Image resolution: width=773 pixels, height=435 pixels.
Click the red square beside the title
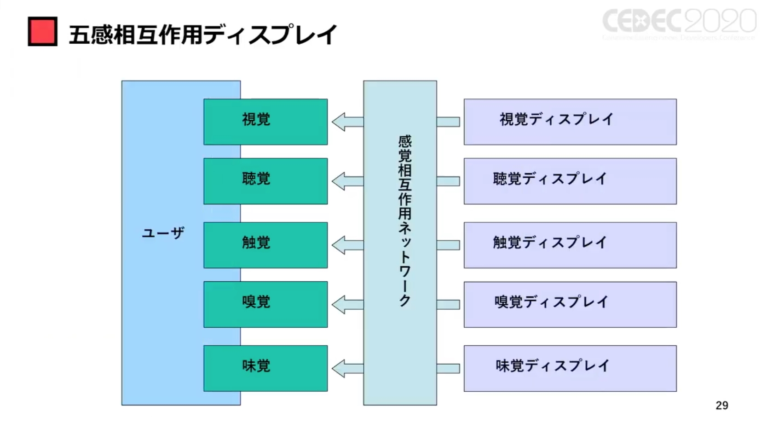pyautogui.click(x=42, y=31)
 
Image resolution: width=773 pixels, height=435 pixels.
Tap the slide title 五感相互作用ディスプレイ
pyautogui.click(x=202, y=35)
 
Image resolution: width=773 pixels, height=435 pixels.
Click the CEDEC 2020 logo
pyautogui.click(x=679, y=23)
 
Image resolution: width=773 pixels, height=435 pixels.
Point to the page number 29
pyautogui.click(x=722, y=406)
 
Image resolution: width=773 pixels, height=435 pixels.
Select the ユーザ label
pyautogui.click(x=163, y=233)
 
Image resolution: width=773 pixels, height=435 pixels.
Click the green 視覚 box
pyautogui.click(x=265, y=122)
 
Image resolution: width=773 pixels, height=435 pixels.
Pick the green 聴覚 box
pyautogui.click(x=265, y=181)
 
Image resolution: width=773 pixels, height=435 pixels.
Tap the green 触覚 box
pyautogui.click(x=265, y=245)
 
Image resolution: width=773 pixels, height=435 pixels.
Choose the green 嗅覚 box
pyautogui.click(x=265, y=304)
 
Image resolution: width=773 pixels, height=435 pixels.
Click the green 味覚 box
pyautogui.click(x=265, y=368)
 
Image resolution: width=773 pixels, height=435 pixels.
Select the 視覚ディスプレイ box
pyautogui.click(x=570, y=122)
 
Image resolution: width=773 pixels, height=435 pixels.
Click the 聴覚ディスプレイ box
pyautogui.click(x=570, y=181)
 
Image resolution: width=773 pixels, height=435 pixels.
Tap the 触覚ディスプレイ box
pyautogui.click(x=570, y=245)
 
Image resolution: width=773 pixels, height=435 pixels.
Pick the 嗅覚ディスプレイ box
pyautogui.click(x=570, y=304)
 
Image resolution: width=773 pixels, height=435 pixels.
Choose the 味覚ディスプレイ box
pyautogui.click(x=570, y=368)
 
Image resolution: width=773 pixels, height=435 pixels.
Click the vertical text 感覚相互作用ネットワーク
pyautogui.click(x=404, y=221)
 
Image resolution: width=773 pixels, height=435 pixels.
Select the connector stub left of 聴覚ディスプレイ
pyautogui.click(x=448, y=181)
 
